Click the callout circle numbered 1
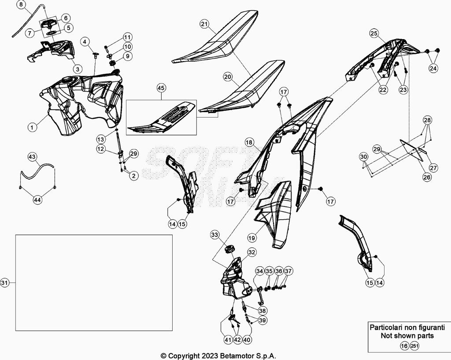click(x=32, y=127)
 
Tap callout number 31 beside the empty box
click(x=4, y=282)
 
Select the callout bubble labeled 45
click(x=161, y=88)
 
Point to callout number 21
click(x=204, y=24)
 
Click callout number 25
click(x=374, y=33)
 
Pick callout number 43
click(x=32, y=157)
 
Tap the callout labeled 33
click(x=214, y=235)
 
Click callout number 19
click(x=251, y=238)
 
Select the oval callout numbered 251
click(x=414, y=346)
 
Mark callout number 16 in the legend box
click(x=404, y=346)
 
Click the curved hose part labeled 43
click(x=37, y=169)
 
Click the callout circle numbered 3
click(x=77, y=69)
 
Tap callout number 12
click(x=101, y=149)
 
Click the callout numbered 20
click(x=227, y=77)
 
